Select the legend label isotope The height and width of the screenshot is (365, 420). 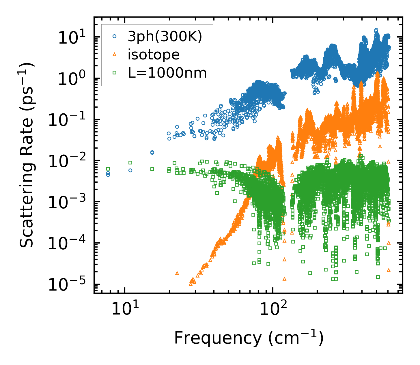(154, 55)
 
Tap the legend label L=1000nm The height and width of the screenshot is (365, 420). (167, 73)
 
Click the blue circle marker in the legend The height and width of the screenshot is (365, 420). (115, 36)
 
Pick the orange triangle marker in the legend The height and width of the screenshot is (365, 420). (115, 54)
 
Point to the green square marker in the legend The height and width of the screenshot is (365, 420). (115, 73)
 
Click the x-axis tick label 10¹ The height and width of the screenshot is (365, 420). (125, 308)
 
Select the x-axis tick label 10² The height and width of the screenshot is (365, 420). (272, 308)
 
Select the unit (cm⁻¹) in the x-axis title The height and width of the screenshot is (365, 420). (296, 338)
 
